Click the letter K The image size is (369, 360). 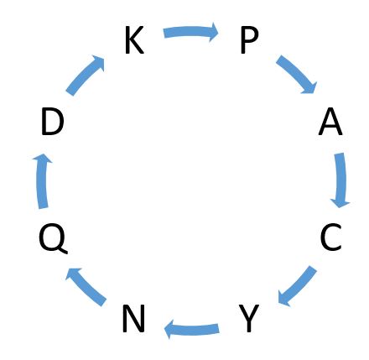[134, 40]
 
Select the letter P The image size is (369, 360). [250, 40]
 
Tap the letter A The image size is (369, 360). [330, 122]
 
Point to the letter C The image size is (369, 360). [330, 237]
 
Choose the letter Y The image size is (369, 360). [249, 318]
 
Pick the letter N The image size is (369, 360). [133, 319]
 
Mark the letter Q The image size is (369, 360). [53, 238]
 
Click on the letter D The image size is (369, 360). [53, 122]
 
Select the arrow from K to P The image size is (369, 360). [191, 32]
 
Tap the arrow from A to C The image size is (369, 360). [340, 180]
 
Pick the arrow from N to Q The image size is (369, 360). [86, 286]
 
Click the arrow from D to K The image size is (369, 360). [85, 75]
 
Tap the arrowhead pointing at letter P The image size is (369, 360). [214, 32]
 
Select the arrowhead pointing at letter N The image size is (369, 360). [169, 329]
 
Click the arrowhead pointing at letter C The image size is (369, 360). [340, 203]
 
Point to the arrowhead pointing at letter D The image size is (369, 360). [42, 158]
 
